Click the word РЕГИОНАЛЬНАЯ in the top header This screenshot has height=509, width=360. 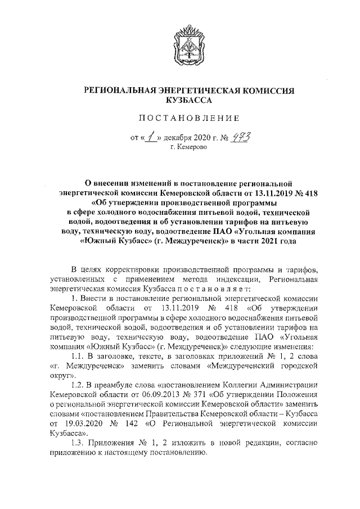[120, 91]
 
